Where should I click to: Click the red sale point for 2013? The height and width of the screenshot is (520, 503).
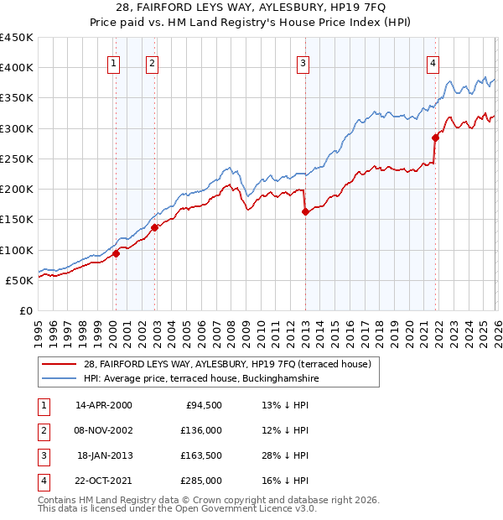tap(305, 212)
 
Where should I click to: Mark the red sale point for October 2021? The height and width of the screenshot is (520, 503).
tap(435, 138)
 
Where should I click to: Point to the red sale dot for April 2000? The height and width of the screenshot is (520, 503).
tap(116, 254)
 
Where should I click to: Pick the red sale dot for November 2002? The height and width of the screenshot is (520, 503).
tap(154, 226)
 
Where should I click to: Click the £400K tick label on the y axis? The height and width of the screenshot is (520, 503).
tap(17, 68)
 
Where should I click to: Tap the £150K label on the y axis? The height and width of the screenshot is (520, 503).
tap(17, 220)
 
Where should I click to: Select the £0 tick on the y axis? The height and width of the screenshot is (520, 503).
tap(27, 311)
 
